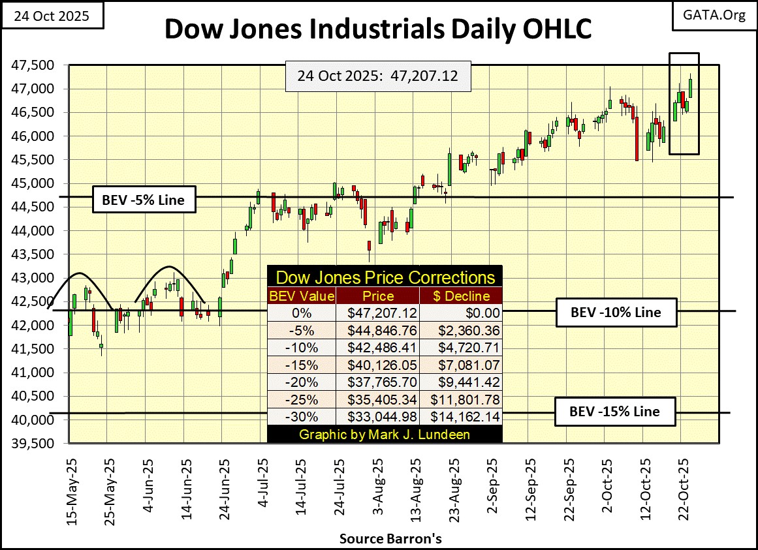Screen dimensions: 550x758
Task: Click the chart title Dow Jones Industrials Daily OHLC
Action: coord(379,30)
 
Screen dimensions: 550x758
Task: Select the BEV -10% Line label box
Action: coord(608,312)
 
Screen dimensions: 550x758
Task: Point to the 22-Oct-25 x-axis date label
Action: coord(681,483)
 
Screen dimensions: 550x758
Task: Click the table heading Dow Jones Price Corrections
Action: coord(385,277)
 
